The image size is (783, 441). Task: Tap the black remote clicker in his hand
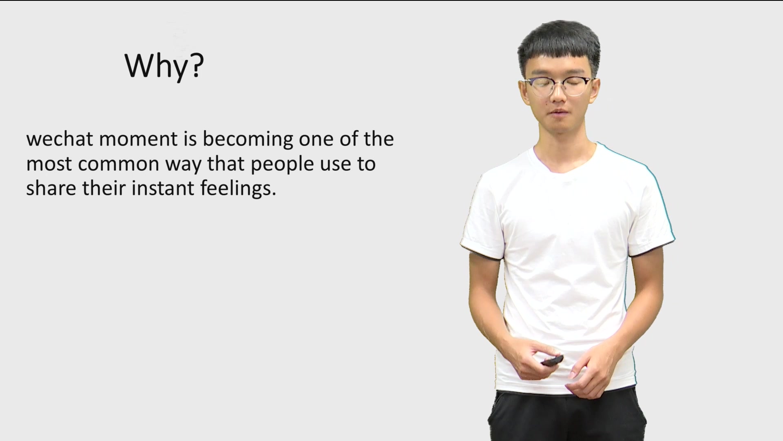552,360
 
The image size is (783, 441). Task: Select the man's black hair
559,45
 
